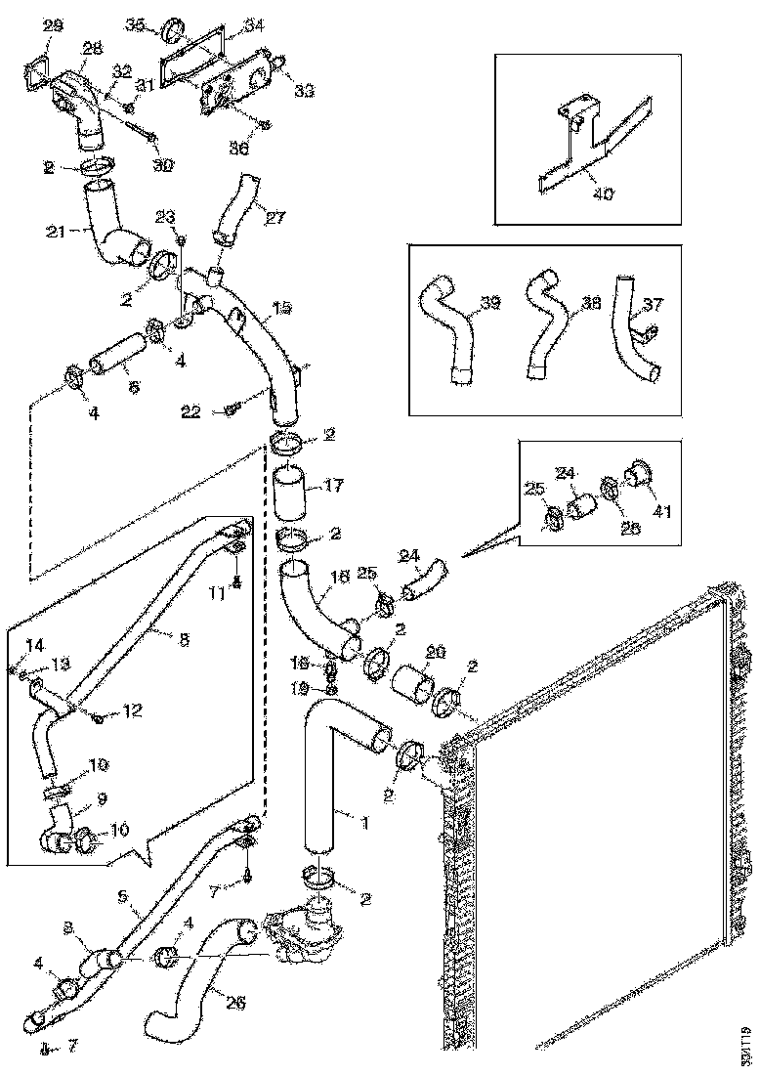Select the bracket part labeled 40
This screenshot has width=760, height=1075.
[x=586, y=147]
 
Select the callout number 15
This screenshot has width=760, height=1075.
[x=281, y=307]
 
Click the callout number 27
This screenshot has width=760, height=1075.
[x=275, y=218]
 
